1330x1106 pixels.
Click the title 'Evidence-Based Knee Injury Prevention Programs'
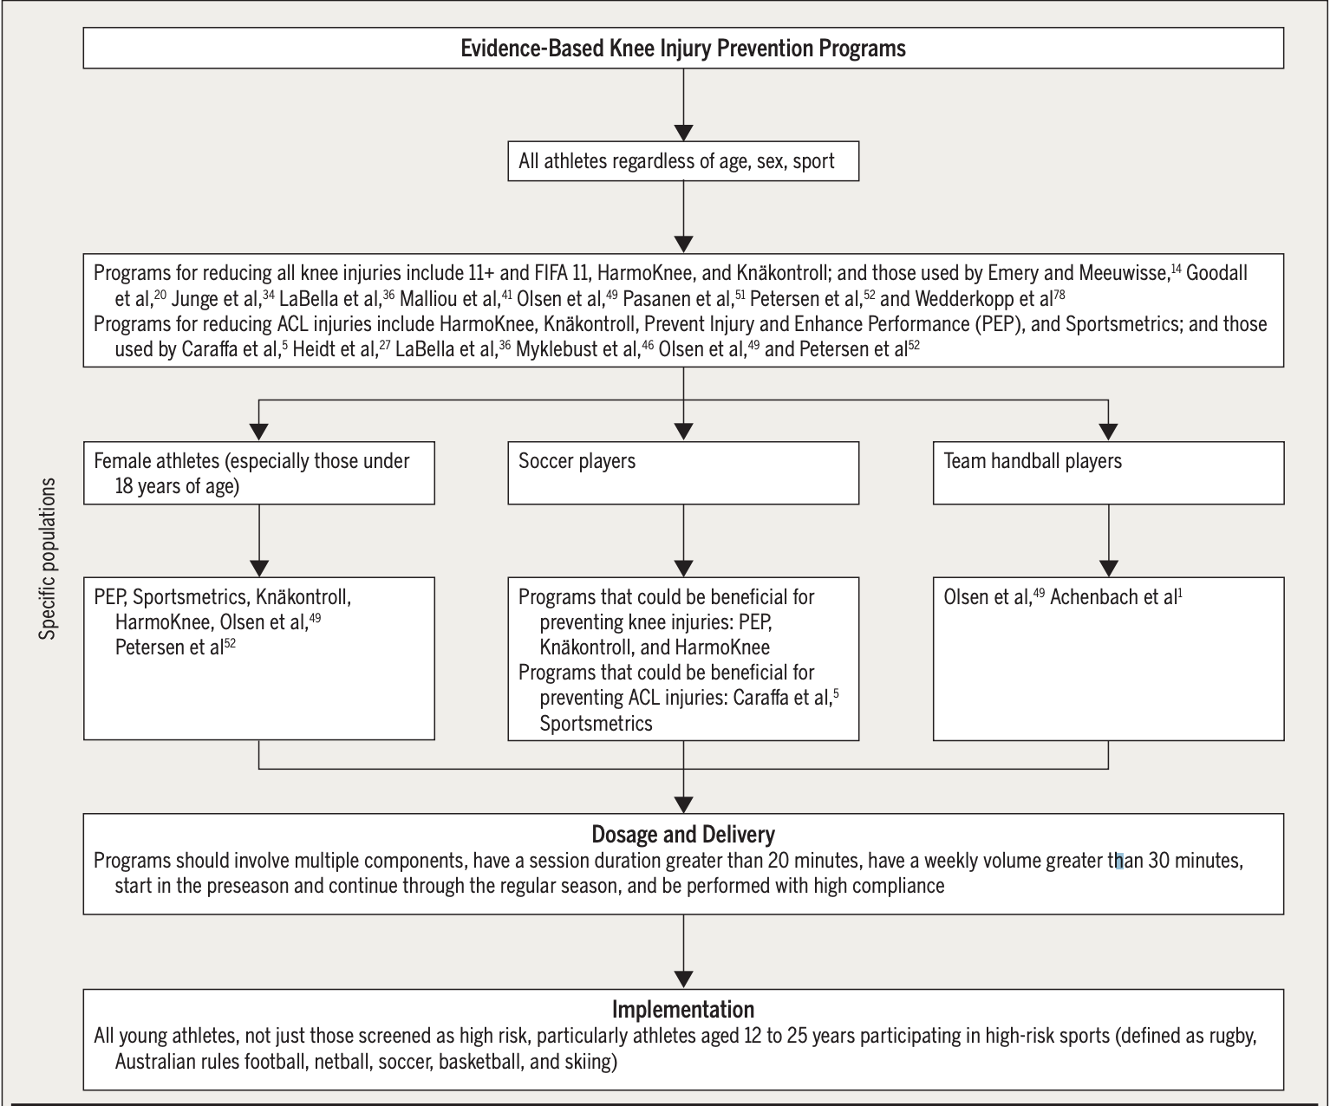[x=682, y=48]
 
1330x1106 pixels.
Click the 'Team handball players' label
[x=1032, y=461]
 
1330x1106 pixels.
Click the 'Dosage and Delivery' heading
[x=682, y=835]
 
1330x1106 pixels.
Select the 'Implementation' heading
[x=682, y=1010]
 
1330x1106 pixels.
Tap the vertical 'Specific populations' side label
[x=49, y=559]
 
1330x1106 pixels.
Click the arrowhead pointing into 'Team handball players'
[x=1108, y=431]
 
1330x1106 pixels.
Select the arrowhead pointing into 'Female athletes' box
[x=258, y=431]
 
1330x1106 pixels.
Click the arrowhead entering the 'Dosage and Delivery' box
[x=683, y=803]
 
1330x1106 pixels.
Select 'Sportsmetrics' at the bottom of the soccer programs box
[x=596, y=723]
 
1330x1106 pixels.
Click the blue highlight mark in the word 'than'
[x=1119, y=862]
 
